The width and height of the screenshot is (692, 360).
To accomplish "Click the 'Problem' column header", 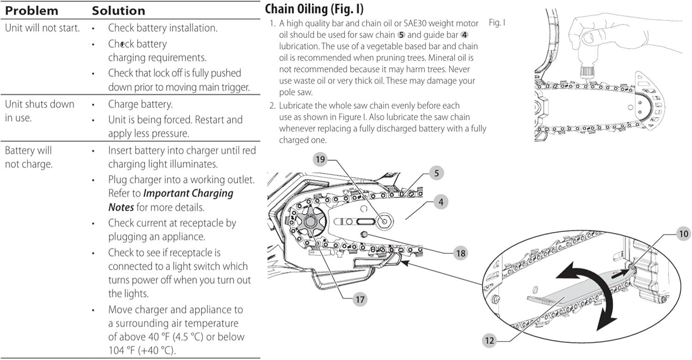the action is tap(31, 11).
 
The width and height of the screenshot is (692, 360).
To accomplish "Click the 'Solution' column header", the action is tap(118, 11).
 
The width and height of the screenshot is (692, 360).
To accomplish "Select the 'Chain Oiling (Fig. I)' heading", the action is tap(314, 9).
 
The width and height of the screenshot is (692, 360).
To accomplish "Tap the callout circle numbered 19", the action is tap(320, 159).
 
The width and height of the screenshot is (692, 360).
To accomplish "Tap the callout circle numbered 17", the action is tap(360, 300).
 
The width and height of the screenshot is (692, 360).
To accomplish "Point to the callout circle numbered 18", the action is tap(460, 253).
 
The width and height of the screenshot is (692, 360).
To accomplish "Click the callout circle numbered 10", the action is tap(683, 234).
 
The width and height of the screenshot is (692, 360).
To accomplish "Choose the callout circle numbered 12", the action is tap(489, 341).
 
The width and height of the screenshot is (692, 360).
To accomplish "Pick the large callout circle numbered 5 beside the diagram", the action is tap(436, 173).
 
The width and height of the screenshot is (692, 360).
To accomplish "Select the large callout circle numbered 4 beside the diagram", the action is tap(441, 202).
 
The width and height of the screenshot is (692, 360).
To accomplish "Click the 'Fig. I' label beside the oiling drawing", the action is tap(497, 23).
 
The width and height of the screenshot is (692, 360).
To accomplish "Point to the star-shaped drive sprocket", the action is tap(310, 221).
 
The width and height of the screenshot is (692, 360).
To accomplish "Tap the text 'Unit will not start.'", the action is tap(42, 28).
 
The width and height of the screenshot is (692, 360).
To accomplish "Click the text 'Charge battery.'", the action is tap(140, 104).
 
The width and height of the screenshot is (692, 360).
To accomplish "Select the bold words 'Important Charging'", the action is tap(188, 193).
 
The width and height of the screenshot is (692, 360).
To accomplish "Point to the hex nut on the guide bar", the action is tap(384, 221).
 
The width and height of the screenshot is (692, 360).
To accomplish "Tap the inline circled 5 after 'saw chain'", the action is tap(401, 35).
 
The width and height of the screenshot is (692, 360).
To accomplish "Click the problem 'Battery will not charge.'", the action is tap(29, 157).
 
